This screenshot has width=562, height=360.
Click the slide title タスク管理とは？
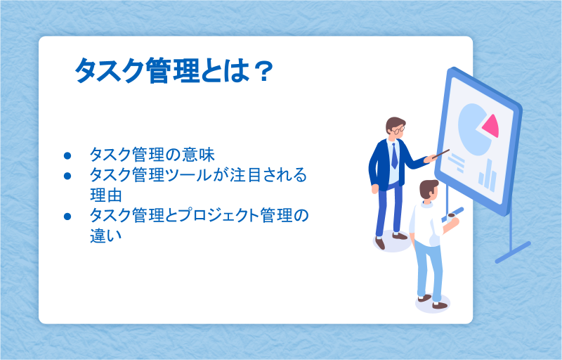(x=174, y=70)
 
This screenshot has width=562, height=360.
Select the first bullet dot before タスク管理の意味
(x=67, y=155)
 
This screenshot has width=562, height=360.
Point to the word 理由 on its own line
(x=106, y=195)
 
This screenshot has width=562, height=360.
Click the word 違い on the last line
(x=106, y=236)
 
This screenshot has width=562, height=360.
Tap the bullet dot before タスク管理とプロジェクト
(x=67, y=217)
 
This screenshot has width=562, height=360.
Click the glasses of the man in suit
(x=398, y=129)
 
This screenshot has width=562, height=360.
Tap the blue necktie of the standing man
(x=394, y=156)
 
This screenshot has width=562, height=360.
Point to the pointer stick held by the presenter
(x=441, y=154)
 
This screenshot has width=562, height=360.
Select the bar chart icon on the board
(x=488, y=176)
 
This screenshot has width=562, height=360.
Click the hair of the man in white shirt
(x=428, y=188)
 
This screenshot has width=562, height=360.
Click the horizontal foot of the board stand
(x=513, y=252)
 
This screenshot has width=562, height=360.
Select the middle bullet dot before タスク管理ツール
(x=67, y=176)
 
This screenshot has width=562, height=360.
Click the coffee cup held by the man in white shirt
(x=451, y=216)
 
